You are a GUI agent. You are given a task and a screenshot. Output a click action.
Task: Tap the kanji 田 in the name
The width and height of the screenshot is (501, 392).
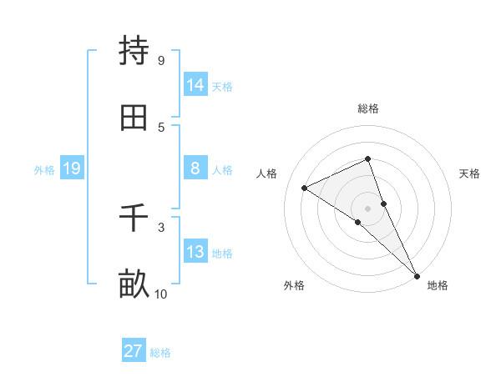click(x=134, y=118)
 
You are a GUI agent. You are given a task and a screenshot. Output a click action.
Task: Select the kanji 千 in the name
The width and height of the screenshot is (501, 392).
click(x=134, y=219)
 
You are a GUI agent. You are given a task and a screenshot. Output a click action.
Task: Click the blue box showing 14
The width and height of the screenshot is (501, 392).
click(x=195, y=85)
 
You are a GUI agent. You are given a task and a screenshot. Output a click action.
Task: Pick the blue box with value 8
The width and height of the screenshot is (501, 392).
click(x=195, y=168)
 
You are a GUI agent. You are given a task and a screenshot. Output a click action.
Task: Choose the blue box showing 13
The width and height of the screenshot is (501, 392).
click(x=195, y=252)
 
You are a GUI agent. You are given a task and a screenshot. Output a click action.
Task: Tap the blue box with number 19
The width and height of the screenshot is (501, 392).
click(x=72, y=168)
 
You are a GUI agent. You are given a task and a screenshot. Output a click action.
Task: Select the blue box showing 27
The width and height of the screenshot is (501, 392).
click(x=134, y=351)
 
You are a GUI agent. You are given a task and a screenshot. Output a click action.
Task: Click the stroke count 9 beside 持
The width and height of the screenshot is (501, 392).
click(x=160, y=60)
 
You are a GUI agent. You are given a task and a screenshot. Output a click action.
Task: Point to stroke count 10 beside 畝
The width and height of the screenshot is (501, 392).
click(x=160, y=294)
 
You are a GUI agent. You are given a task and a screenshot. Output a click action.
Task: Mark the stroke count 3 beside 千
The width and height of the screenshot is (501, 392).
click(x=160, y=227)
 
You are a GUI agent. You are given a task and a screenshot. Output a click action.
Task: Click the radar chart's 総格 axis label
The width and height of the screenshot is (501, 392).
click(x=367, y=108)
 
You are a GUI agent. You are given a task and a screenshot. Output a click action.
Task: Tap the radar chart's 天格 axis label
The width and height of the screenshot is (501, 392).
click(x=469, y=173)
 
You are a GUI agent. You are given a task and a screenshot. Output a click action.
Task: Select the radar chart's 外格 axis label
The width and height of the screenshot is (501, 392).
click(x=294, y=285)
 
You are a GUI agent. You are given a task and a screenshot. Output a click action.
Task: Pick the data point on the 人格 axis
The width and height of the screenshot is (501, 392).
click(x=305, y=188)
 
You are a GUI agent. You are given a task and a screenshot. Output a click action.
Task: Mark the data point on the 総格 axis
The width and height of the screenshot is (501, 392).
click(x=367, y=158)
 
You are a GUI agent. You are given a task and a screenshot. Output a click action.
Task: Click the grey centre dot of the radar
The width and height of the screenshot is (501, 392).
click(x=367, y=208)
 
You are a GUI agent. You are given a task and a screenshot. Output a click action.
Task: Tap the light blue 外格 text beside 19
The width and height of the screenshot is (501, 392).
click(x=44, y=169)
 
